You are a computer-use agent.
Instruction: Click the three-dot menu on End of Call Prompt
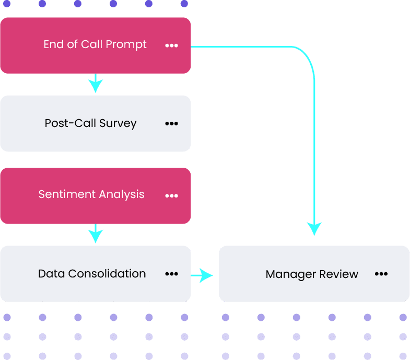(171, 45)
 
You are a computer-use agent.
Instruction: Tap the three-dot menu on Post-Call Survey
(171, 124)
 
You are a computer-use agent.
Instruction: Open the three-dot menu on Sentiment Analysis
(171, 196)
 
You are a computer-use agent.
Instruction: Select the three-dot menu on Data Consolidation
(171, 274)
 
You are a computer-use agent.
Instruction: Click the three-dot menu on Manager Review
(381, 274)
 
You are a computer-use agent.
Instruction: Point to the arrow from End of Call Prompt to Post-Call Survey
(95, 84)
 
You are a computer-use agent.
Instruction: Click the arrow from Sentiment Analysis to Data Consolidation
(95, 234)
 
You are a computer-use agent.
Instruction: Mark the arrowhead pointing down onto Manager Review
(314, 229)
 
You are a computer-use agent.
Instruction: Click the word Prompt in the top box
(126, 45)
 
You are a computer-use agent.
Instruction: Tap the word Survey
(118, 124)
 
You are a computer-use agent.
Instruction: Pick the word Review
(339, 274)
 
